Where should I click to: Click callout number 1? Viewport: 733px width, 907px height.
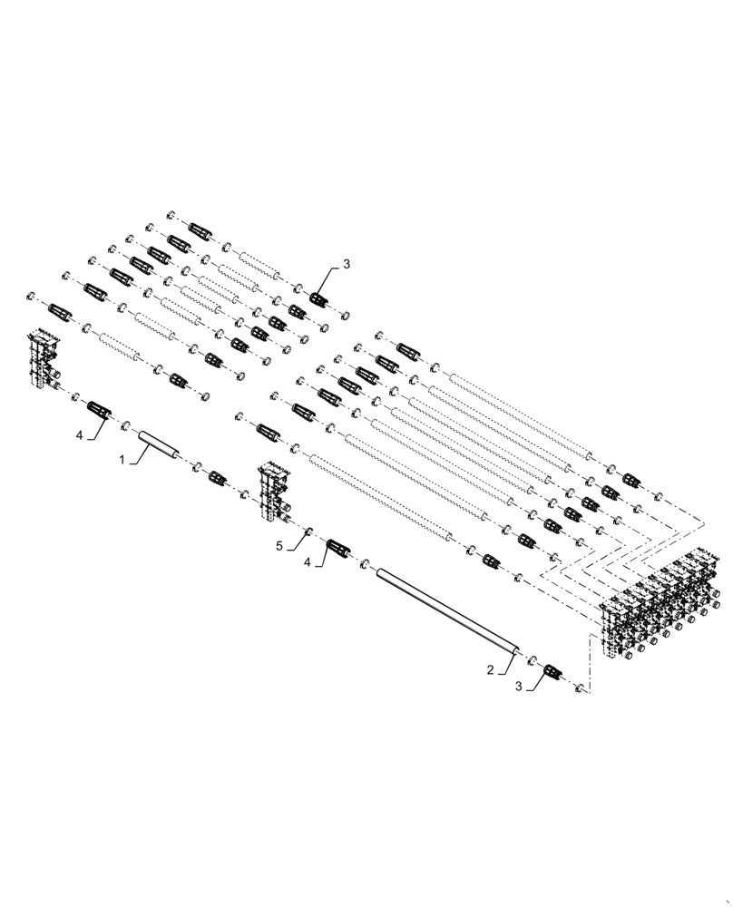point(122,460)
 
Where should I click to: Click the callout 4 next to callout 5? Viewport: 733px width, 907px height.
point(309,561)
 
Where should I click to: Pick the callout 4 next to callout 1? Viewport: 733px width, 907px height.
point(79,435)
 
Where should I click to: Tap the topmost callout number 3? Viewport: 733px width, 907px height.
point(345,265)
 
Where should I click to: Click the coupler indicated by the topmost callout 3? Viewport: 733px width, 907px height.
point(318,298)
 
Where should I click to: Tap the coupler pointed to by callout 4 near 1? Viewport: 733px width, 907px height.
point(98,410)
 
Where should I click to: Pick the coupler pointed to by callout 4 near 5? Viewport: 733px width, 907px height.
point(337,548)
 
